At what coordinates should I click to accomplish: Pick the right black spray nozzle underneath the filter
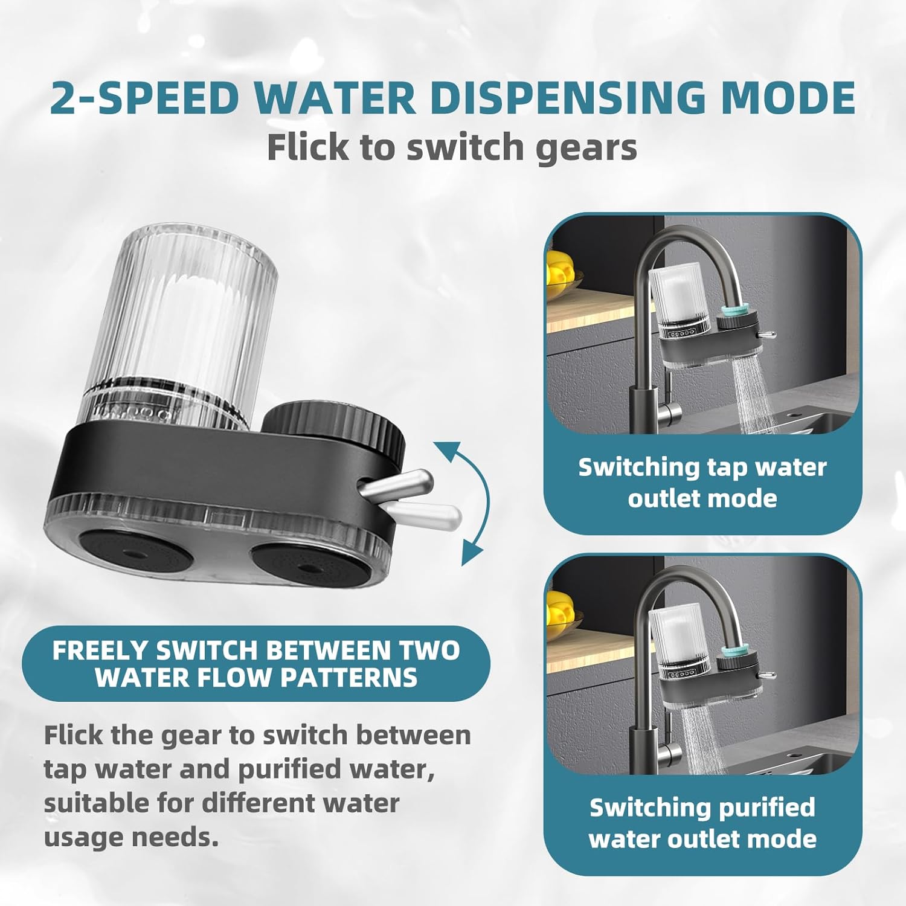click(309, 565)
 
